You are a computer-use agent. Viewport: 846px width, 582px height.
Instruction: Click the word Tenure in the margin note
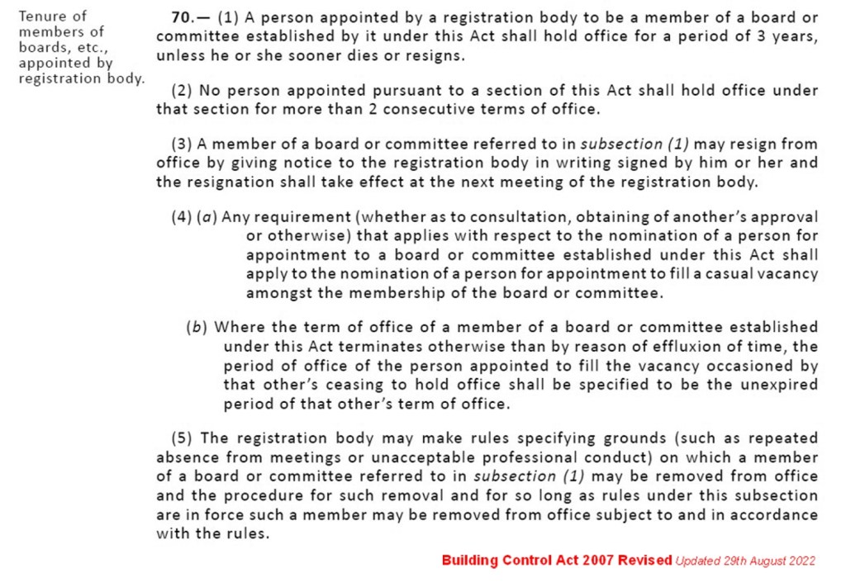[43, 17]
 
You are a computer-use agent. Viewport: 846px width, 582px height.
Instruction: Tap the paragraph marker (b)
[197, 327]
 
